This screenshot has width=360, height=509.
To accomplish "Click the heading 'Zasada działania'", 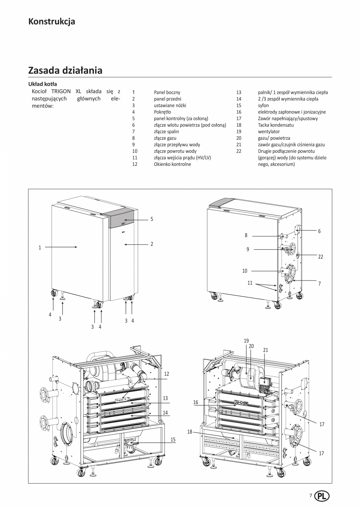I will coord(65,70).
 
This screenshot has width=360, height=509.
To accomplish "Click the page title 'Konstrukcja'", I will coord(52,22).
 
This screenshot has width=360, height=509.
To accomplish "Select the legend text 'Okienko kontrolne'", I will coord(172,164).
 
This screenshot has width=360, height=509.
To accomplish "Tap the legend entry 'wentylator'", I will coord(268,131).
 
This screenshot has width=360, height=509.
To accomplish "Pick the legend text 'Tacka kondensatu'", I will coord(275,125).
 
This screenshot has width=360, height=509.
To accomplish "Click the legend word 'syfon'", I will coord(263,106).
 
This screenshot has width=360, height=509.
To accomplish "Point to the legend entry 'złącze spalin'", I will coord(166,131).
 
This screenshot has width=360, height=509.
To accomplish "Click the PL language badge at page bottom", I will coord(322,495).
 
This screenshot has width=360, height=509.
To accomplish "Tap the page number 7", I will coord(311,495).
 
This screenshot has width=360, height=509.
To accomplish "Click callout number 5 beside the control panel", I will coord(152,219).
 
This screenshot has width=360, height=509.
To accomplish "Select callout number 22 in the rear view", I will coord(320,257).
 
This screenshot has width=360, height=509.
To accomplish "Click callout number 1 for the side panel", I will coord(40,247).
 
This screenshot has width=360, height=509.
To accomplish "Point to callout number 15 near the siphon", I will coord(173,440).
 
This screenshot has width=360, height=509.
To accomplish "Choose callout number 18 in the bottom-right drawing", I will coord(190,432).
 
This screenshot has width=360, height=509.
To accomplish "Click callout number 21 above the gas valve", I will coord(265,350).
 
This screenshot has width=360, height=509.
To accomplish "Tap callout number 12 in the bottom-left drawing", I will coord(166,374).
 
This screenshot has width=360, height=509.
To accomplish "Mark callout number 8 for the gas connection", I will coord(246,236).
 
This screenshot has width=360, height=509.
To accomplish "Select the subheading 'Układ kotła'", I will coord(43,84).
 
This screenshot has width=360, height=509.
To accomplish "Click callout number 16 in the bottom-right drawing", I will coord(196,402).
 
